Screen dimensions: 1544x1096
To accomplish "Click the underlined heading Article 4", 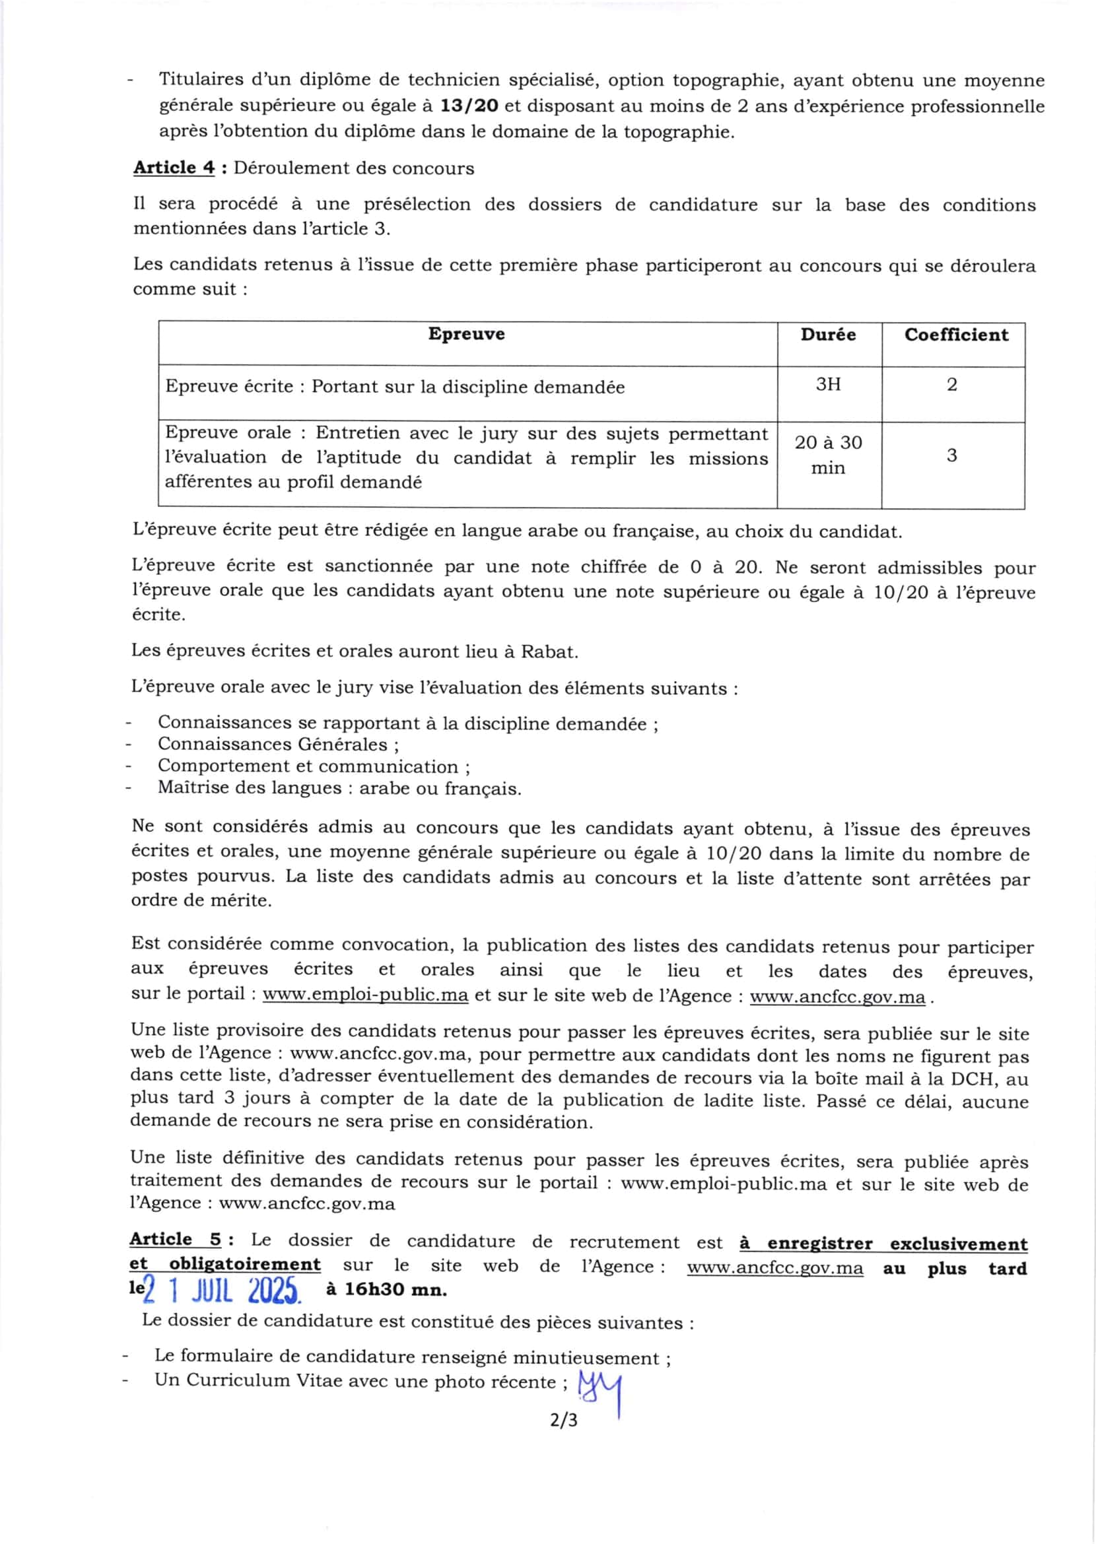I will pyautogui.click(x=174, y=168).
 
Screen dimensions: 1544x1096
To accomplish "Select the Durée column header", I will pyautogui.click(x=828, y=335).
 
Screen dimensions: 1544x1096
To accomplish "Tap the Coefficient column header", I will pyautogui.click(x=955, y=335).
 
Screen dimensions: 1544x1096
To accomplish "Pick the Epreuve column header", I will pyautogui.click(x=466, y=334).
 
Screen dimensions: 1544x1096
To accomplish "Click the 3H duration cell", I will pyautogui.click(x=828, y=385).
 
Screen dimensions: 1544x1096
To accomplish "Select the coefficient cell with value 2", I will pyautogui.click(x=951, y=385).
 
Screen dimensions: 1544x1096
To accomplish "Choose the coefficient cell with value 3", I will pyautogui.click(x=951, y=455).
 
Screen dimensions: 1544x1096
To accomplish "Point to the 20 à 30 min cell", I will pyautogui.click(x=828, y=455).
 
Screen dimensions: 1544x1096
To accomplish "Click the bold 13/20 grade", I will pyautogui.click(x=469, y=106).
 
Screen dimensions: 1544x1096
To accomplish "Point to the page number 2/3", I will pyautogui.click(x=564, y=1421).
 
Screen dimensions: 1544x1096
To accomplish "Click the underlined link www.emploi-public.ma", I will pyautogui.click(x=365, y=995).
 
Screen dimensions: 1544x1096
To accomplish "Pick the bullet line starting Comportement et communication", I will pyautogui.click(x=314, y=766).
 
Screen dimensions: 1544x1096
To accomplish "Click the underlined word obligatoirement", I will pyautogui.click(x=245, y=1264).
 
